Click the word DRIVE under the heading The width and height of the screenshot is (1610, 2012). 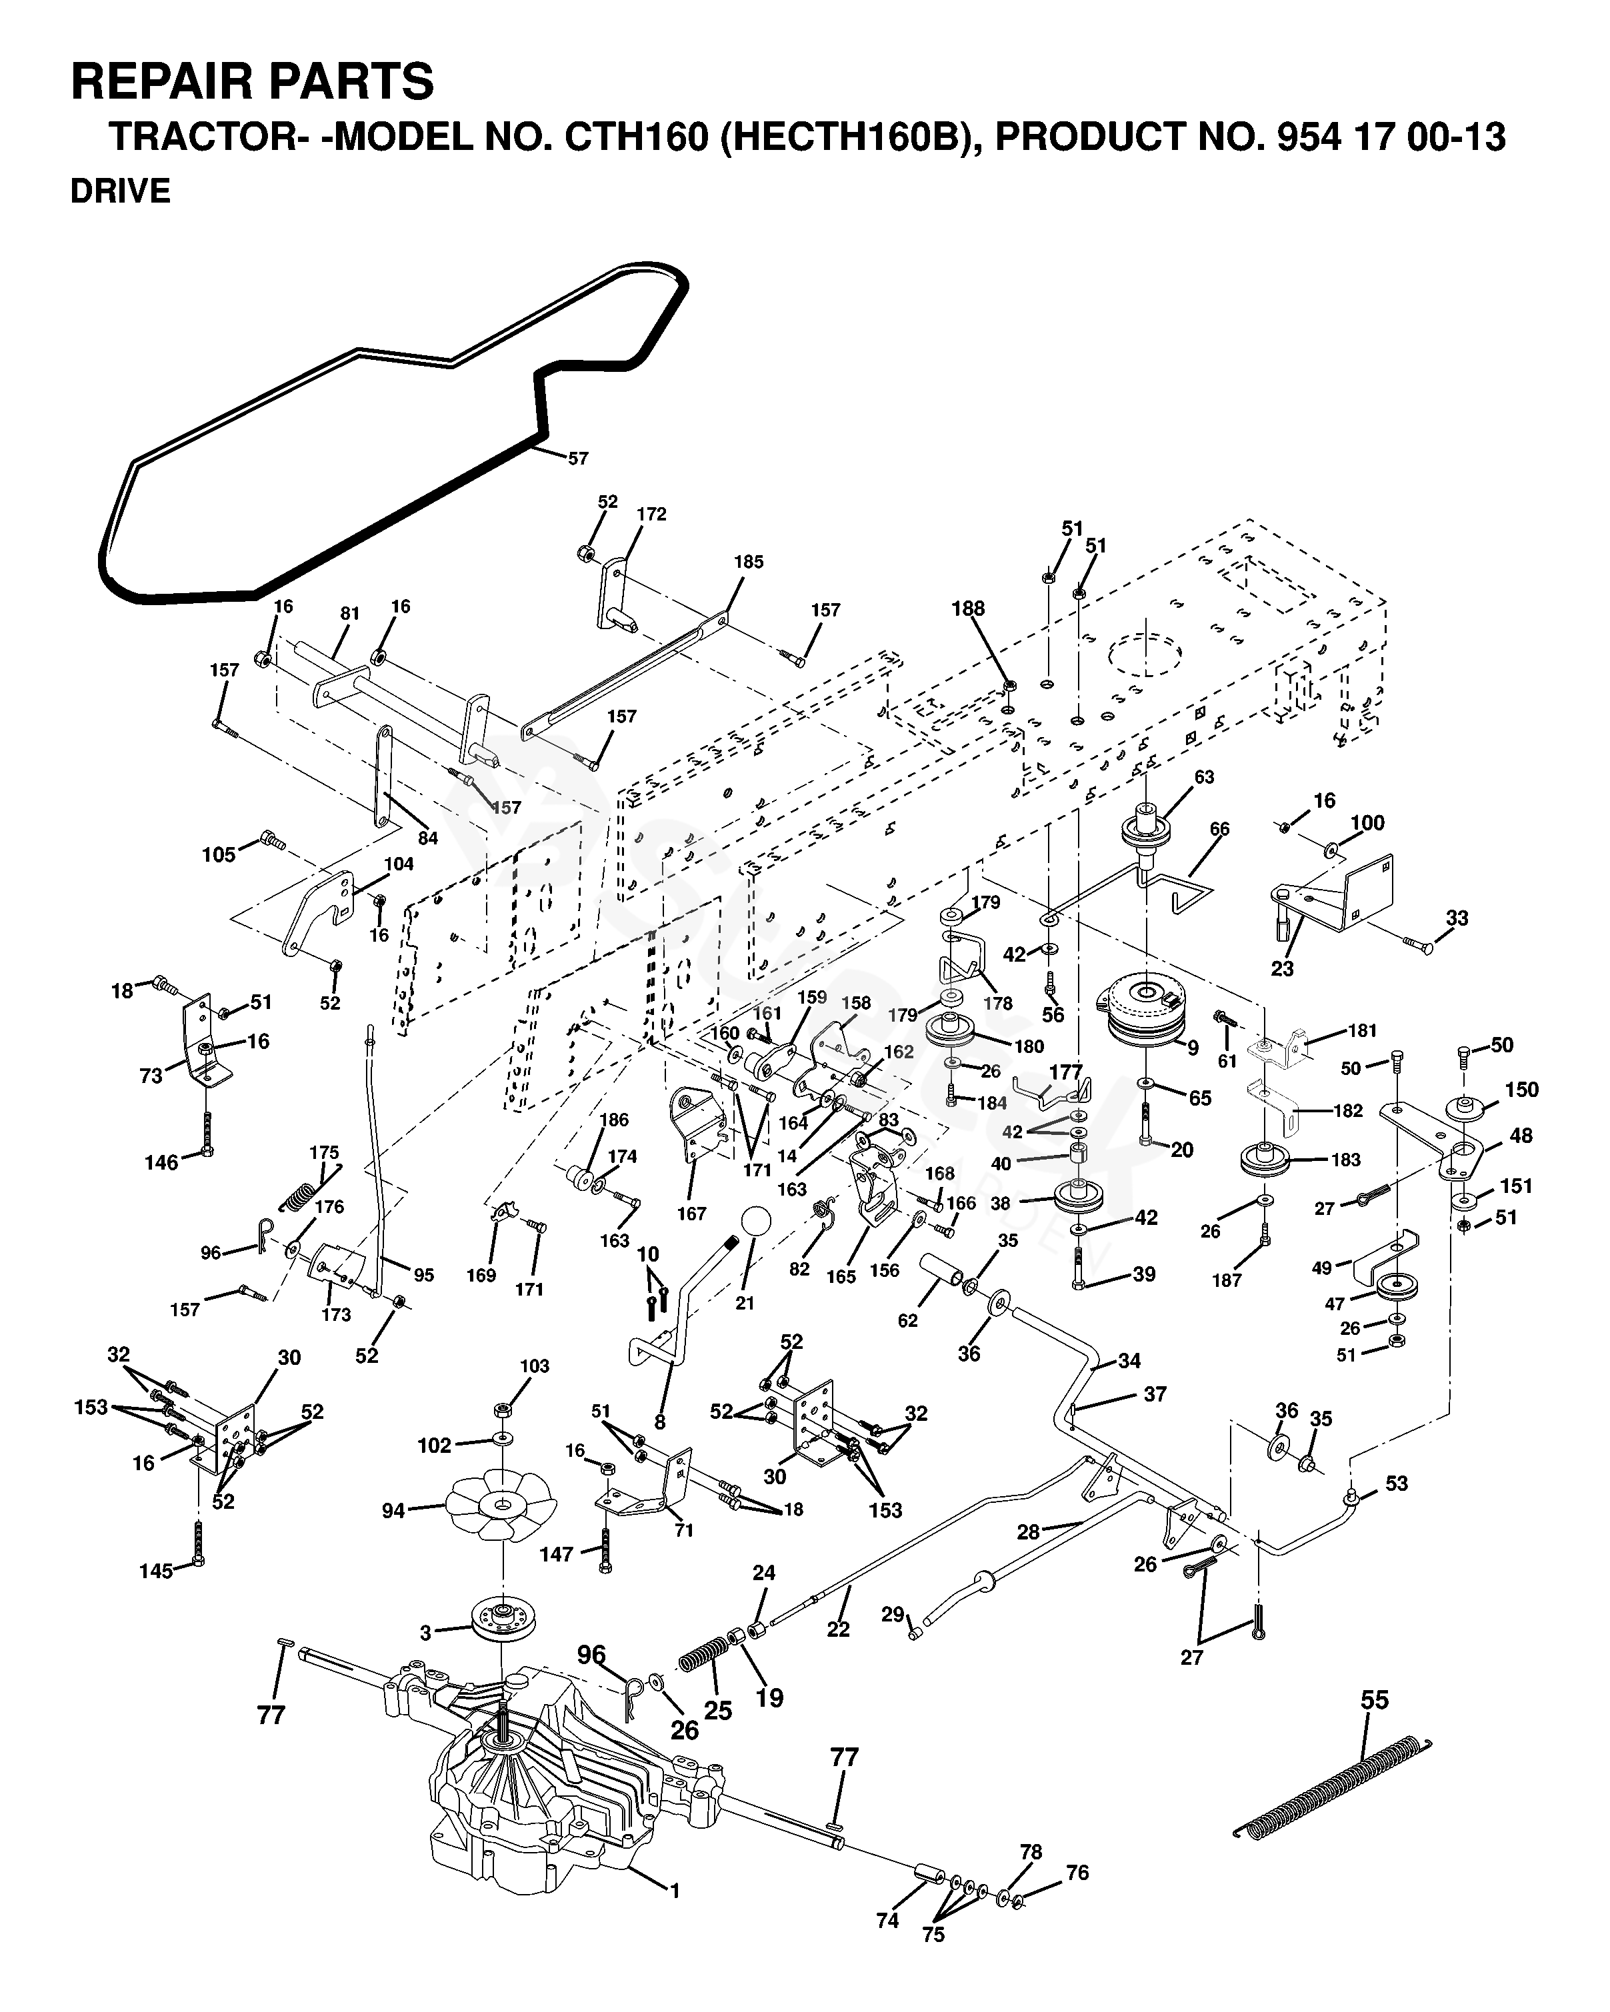(x=121, y=191)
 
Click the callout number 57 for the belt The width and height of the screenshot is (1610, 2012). (x=579, y=459)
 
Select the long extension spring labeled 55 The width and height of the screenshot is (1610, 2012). (x=1332, y=1788)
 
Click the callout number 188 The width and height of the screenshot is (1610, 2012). (x=968, y=608)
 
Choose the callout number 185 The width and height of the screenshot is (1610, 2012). (x=749, y=562)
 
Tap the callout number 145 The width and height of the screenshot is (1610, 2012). (x=157, y=1571)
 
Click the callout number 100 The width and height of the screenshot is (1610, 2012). (x=1367, y=822)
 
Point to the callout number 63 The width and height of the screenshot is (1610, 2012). (x=1204, y=776)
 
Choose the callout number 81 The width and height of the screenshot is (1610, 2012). (x=349, y=613)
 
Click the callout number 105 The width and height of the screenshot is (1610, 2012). (x=219, y=855)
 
